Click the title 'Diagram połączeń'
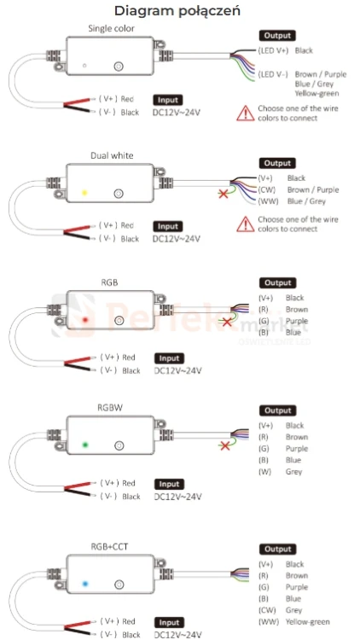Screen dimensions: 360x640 point(177,11)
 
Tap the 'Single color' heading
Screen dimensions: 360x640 point(111,28)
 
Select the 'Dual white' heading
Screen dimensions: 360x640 point(112,155)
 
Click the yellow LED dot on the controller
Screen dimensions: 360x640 point(84,192)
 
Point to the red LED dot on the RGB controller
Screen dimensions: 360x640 point(85,320)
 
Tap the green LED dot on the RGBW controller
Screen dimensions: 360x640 point(85,445)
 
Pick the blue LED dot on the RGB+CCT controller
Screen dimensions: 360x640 point(85,584)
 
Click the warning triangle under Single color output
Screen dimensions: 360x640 point(246,113)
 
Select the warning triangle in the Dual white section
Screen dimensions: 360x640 point(246,224)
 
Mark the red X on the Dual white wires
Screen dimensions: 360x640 point(224,193)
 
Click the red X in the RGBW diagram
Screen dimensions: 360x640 point(224,445)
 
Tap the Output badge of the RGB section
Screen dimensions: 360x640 point(277,282)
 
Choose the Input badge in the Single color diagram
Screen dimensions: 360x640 point(168,100)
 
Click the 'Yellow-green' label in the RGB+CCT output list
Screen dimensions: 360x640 point(307,622)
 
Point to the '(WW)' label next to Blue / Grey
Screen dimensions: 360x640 point(265,201)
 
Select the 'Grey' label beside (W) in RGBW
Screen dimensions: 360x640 point(293,472)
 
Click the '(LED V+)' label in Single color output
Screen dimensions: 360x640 point(273,50)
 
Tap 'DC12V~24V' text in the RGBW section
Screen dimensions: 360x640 point(178,497)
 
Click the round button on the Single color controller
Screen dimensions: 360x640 point(119,66)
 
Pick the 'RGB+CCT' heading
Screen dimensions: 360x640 point(112,546)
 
